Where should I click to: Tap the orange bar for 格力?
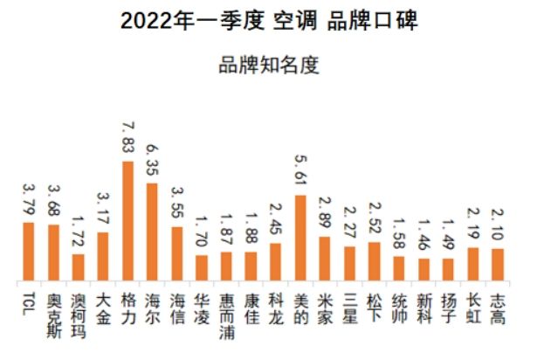127,221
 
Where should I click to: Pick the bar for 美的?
300,238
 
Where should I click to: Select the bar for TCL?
28,252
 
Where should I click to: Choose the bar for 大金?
103,256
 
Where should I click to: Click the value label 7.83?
127,139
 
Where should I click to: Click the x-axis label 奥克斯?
53,314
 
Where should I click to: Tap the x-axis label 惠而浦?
226,314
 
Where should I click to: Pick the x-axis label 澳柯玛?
78,314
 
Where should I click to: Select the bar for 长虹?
473,264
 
